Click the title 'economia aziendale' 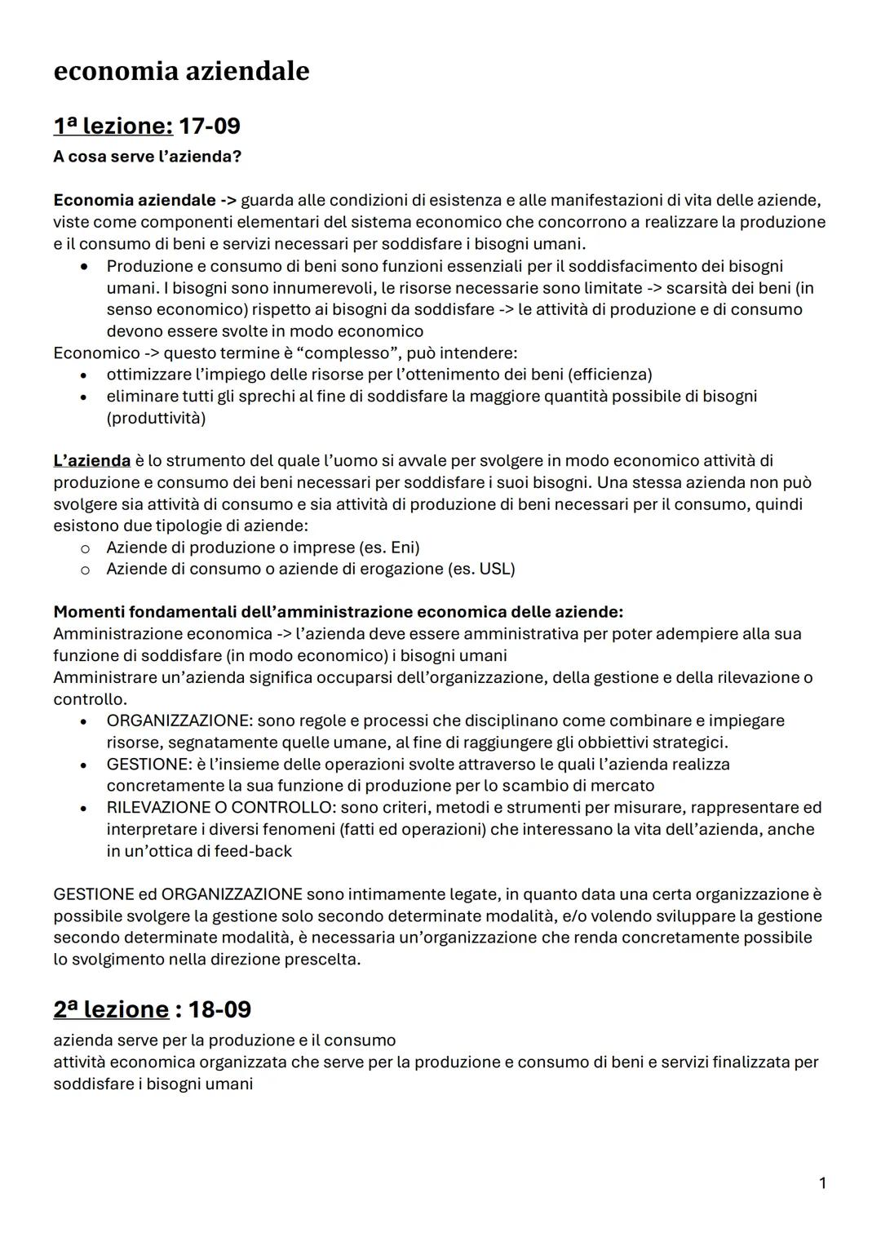coord(181,72)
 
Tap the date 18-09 coord(219,1009)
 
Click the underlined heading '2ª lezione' coord(110,1009)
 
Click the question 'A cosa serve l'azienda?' coord(148,156)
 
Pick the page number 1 coord(822,1182)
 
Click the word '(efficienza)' coord(609,375)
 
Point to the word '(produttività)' coord(156,418)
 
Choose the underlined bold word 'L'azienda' coord(91,461)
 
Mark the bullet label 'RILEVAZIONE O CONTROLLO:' coord(221,807)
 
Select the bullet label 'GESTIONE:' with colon coord(148,764)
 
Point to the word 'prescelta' coord(321,959)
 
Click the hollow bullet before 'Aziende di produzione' coord(84,548)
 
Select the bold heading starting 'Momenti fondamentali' coord(338,612)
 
